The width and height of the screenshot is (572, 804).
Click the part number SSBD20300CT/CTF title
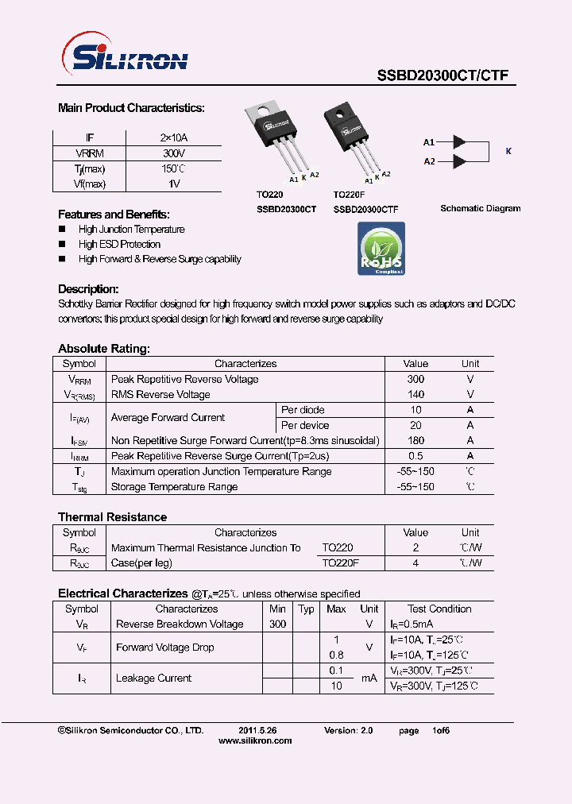click(x=442, y=76)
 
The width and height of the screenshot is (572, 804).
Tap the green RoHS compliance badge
click(x=381, y=249)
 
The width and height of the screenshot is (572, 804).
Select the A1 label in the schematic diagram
click(x=429, y=142)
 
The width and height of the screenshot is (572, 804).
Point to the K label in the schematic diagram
click(x=508, y=151)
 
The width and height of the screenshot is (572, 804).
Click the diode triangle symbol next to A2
click(x=459, y=161)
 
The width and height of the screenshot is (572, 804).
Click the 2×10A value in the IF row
click(x=174, y=138)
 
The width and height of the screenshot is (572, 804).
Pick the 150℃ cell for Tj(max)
click(x=174, y=168)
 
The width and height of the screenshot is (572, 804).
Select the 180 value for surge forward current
click(x=415, y=441)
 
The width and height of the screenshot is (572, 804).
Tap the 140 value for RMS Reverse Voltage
click(x=415, y=395)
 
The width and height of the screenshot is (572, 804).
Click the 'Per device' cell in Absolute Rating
click(x=305, y=426)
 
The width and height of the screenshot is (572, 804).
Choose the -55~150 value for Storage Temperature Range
click(x=415, y=487)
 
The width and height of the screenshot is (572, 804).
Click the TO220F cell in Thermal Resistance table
click(x=341, y=563)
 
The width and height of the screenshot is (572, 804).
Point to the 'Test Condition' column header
click(x=439, y=609)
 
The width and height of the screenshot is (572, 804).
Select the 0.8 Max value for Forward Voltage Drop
click(x=336, y=655)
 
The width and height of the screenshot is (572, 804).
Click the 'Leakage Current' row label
click(x=153, y=678)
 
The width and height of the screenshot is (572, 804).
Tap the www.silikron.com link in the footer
click(x=255, y=740)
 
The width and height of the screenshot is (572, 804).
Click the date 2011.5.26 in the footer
click(x=257, y=729)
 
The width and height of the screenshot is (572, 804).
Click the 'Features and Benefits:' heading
click(x=114, y=215)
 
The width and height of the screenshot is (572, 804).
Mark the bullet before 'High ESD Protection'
click(x=62, y=245)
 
